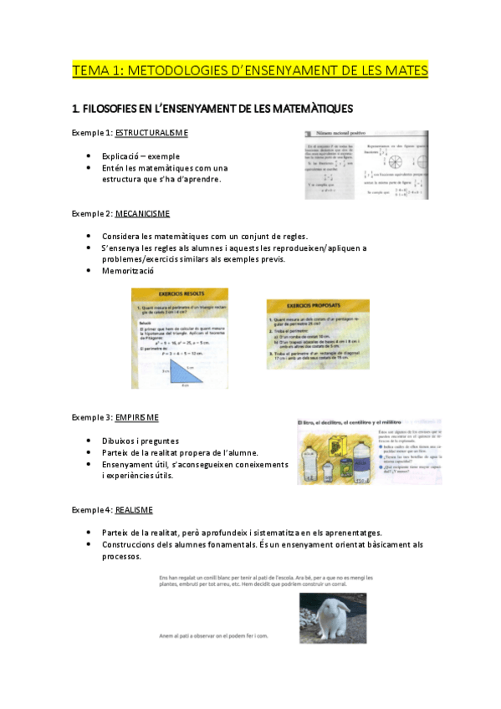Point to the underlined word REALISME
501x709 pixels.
coord(135,509)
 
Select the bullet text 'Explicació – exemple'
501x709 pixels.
coord(141,156)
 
